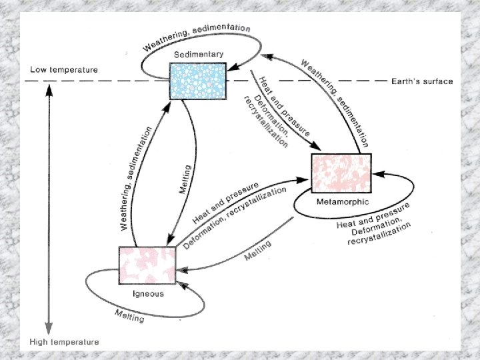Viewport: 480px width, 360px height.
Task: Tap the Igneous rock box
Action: [147, 265]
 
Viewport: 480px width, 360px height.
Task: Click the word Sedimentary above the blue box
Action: [198, 54]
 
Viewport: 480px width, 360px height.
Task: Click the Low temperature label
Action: [64, 69]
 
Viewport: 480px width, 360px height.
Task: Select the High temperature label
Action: [64, 342]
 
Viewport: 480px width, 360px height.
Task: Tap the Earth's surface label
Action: [422, 81]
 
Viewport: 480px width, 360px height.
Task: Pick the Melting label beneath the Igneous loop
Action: [129, 315]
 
